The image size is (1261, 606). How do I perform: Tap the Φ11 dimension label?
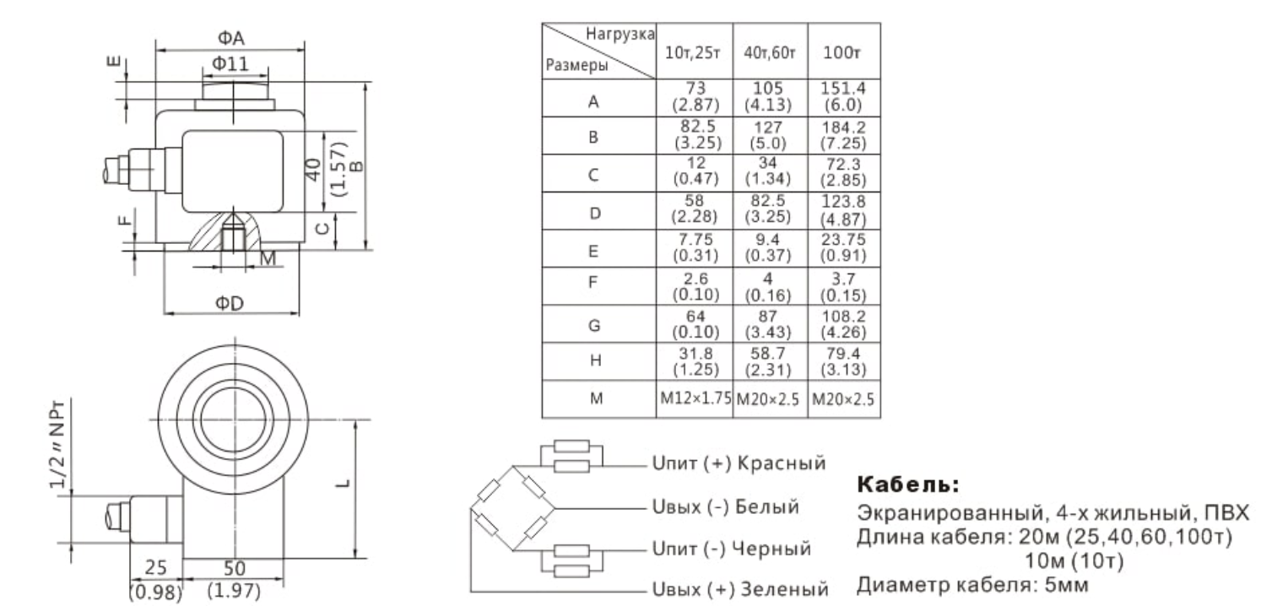[229, 63]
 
